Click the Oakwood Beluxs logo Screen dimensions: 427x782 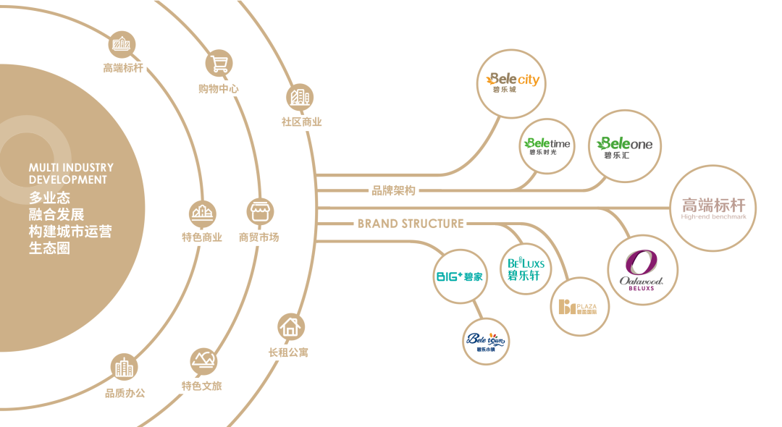click(642, 271)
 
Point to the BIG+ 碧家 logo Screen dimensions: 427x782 click(459, 276)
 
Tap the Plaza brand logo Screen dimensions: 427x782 click(579, 307)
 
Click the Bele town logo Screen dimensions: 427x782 click(486, 341)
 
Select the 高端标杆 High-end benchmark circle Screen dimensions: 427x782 click(713, 209)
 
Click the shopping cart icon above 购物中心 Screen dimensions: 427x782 click(219, 64)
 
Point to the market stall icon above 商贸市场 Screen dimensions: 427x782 click(259, 211)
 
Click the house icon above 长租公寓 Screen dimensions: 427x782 click(290, 327)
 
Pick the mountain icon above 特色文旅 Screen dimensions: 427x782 click(202, 360)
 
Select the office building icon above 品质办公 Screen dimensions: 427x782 click(125, 367)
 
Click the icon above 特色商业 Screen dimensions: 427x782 click(202, 213)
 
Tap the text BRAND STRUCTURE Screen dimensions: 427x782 click(410, 224)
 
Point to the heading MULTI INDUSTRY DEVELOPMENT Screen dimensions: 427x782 click(71, 174)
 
